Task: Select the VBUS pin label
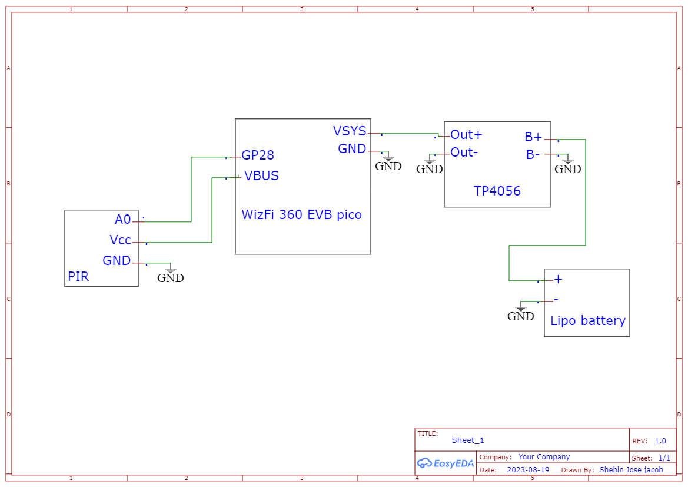tap(261, 175)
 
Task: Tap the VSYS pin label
tap(350, 131)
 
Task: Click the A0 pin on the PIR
tap(123, 220)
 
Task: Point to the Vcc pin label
tap(121, 240)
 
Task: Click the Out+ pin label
tap(466, 135)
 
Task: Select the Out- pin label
tap(464, 153)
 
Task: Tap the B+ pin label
tap(533, 137)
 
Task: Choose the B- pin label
tap(533, 155)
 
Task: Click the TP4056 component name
tap(497, 191)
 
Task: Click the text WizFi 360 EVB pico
tap(301, 214)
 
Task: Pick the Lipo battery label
tap(587, 321)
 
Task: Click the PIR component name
tap(78, 276)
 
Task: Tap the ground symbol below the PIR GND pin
tap(171, 274)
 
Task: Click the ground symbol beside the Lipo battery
tap(521, 312)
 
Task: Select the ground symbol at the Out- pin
tap(430, 165)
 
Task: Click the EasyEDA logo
tap(445, 463)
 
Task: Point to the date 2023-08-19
tap(527, 470)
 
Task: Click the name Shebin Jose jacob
tap(631, 470)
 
